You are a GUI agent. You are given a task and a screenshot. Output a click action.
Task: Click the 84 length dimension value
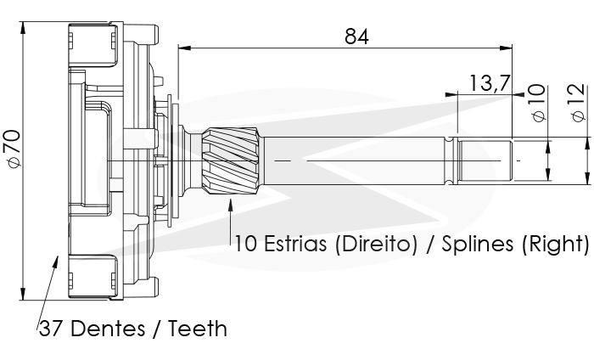pyautogui.click(x=356, y=37)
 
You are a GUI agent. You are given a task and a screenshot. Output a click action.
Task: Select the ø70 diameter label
pyautogui.click(x=14, y=149)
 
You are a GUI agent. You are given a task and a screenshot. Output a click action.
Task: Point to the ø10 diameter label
pyautogui.click(x=538, y=103)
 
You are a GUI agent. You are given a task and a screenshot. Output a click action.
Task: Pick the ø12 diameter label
pyautogui.click(x=579, y=103)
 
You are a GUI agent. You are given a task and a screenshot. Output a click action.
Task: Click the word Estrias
pyautogui.click(x=295, y=244)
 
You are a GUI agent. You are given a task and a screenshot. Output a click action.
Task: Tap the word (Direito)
pyautogui.click(x=376, y=244)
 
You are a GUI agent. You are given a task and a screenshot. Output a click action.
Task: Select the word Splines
pyautogui.click(x=477, y=244)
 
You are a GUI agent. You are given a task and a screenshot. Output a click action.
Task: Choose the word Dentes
pyautogui.click(x=108, y=329)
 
